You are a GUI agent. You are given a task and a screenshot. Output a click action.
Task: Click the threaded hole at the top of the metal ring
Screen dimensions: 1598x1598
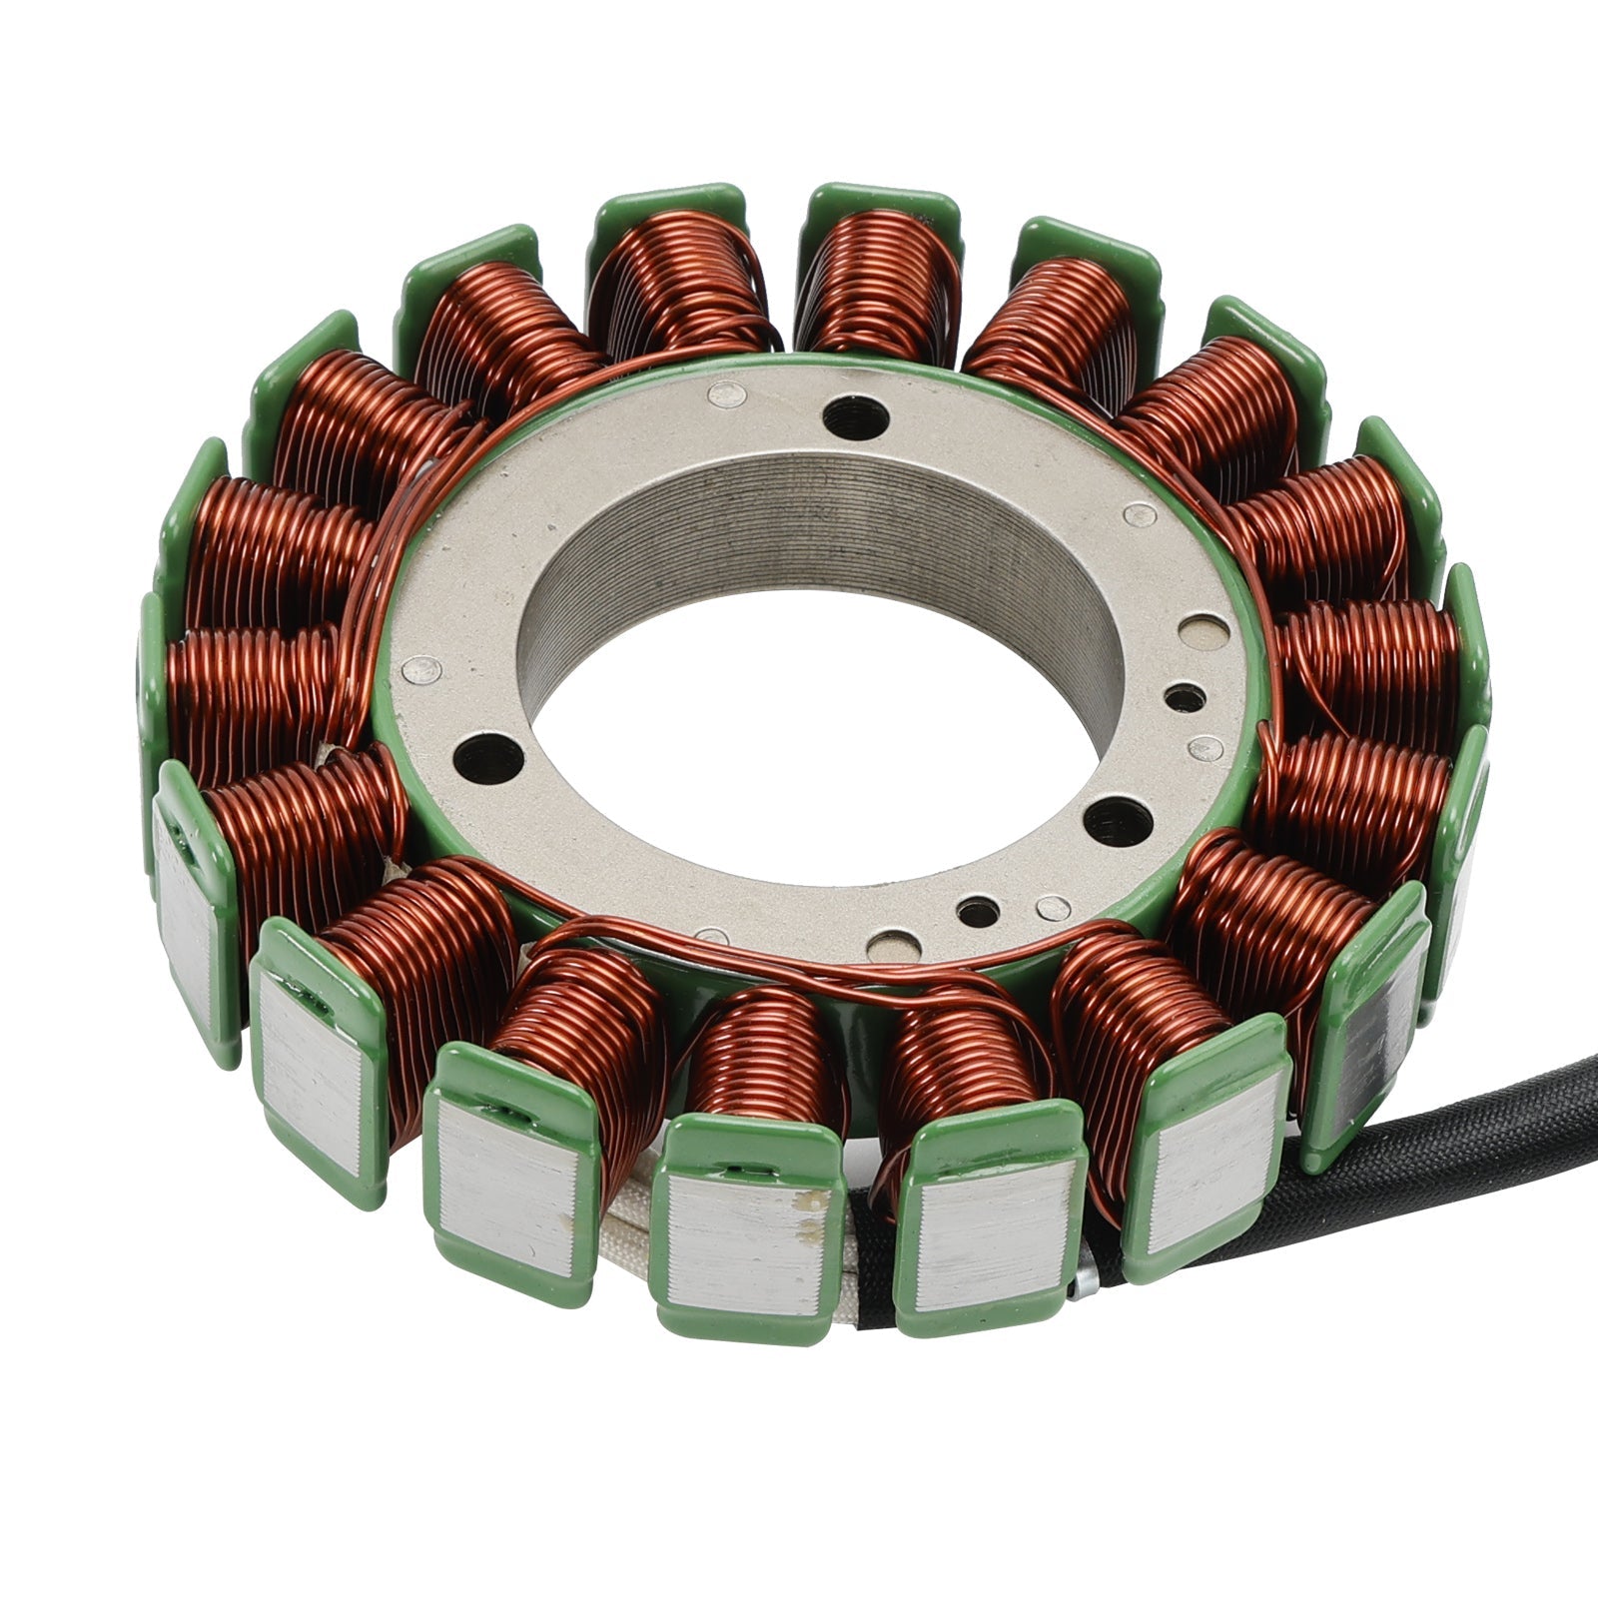[x=852, y=410]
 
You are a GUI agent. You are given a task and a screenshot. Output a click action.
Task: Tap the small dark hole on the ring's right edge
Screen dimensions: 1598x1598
[x=1184, y=697]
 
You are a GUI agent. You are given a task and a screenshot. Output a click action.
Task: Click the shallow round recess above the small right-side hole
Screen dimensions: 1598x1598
[x=1197, y=629]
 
